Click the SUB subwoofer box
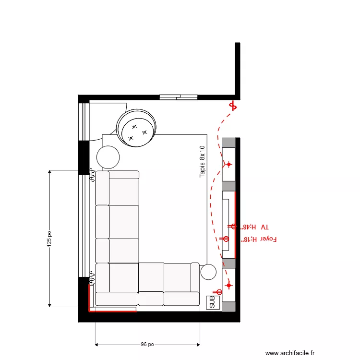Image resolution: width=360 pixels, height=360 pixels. pyautogui.click(x=213, y=302)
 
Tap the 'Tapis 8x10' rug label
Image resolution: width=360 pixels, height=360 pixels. pyautogui.click(x=202, y=162)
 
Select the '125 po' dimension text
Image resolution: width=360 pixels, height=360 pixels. pyautogui.click(x=49, y=239)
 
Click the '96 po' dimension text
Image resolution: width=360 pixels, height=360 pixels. pyautogui.click(x=147, y=344)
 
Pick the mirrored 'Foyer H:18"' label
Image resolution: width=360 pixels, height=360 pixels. pyautogui.click(x=262, y=239)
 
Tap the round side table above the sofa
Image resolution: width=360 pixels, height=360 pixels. pyautogui.click(x=108, y=157)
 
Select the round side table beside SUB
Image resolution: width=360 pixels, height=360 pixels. pyautogui.click(x=209, y=272)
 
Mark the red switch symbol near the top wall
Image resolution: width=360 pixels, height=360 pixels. pyautogui.click(x=233, y=106)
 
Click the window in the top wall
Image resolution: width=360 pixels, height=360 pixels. pyautogui.click(x=179, y=97)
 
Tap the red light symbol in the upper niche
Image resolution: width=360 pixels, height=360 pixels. pyautogui.click(x=228, y=165)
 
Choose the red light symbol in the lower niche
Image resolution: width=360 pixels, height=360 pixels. pyautogui.click(x=228, y=286)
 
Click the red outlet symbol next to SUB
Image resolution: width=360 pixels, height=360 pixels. pyautogui.click(x=218, y=292)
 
